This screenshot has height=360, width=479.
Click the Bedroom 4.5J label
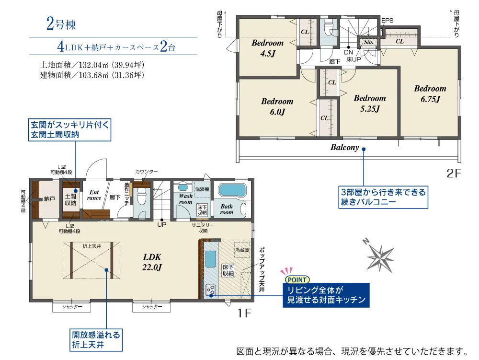tap(268, 48)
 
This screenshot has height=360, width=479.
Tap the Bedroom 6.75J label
tap(430, 93)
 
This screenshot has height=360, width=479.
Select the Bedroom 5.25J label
tap(370, 103)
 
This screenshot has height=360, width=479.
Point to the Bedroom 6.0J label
tap(277, 106)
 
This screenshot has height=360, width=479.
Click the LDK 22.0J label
tap(152, 262)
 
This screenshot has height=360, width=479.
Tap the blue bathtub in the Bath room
tap(232, 190)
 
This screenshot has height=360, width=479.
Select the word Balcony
tap(344, 147)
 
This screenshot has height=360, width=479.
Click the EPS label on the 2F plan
tap(387, 21)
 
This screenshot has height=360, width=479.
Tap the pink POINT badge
tap(297, 279)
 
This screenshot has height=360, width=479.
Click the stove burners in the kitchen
tap(210, 290)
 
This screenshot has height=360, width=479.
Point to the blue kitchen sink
tap(210, 259)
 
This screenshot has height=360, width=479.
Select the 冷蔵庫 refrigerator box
tap(242, 250)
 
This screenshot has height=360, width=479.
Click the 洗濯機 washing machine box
tap(202, 189)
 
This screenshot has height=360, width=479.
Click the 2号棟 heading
tap(61, 24)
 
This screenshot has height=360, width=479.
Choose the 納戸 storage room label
tap(49, 199)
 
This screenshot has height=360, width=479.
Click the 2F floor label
tap(453, 173)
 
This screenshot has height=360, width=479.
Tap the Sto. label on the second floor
tap(369, 42)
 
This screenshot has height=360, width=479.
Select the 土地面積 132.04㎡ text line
tap(92, 65)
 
